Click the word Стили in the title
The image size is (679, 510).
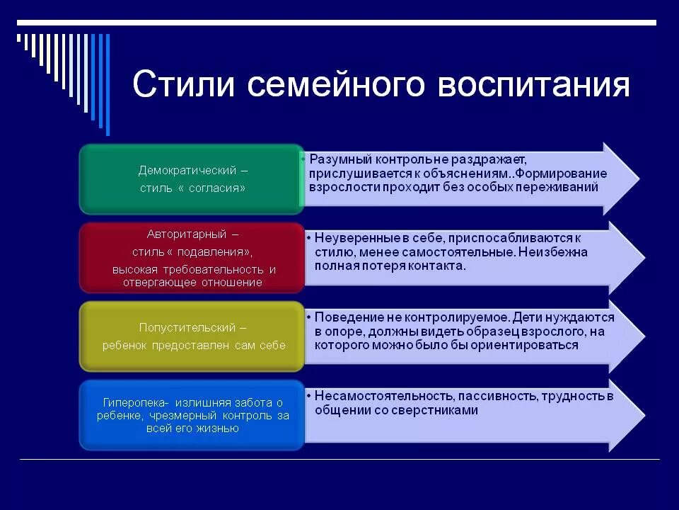tap(182, 84)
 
